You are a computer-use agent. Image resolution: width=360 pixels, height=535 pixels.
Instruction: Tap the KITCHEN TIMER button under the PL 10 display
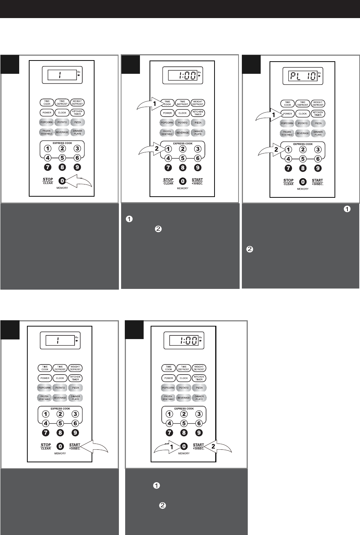(318, 114)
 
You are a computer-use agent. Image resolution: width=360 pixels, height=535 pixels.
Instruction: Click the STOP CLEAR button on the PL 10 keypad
(288, 182)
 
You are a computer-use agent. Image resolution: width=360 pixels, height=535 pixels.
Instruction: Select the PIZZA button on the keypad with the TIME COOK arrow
(198, 122)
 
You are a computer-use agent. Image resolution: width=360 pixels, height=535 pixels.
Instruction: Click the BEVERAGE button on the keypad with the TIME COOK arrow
(182, 132)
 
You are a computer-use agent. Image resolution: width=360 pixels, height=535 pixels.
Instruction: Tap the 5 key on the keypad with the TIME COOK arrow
(183, 158)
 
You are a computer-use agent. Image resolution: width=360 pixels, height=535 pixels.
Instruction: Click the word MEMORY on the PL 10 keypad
(302, 189)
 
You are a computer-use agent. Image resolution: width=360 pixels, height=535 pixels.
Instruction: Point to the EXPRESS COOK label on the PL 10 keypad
(303, 144)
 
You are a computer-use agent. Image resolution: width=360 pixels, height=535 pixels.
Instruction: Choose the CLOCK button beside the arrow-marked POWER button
(303, 114)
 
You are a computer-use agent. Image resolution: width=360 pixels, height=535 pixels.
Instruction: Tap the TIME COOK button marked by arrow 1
(167, 103)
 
